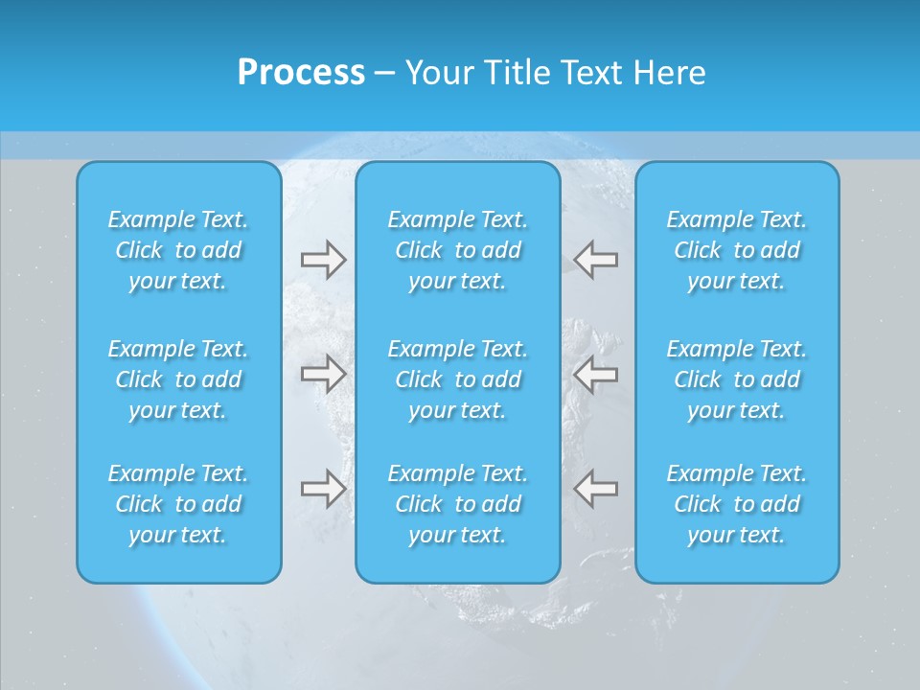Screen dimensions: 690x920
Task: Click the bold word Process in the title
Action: [x=301, y=72]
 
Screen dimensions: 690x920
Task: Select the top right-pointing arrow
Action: [x=323, y=260]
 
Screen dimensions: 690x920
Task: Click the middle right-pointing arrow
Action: [x=323, y=374]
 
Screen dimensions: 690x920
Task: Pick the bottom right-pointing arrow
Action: [x=323, y=489]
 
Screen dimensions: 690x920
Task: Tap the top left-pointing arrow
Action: [x=596, y=260]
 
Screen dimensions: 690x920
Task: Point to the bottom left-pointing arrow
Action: [x=596, y=489]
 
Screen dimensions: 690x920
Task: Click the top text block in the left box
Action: [x=178, y=250]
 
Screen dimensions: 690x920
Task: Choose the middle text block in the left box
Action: [x=178, y=379]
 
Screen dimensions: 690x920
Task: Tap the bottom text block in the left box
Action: [x=178, y=504]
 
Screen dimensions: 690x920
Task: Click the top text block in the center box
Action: [x=458, y=250]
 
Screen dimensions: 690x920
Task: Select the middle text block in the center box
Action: [x=458, y=379]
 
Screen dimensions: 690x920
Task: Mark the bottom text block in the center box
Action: [x=458, y=504]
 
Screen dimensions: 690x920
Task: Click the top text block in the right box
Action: [x=737, y=250]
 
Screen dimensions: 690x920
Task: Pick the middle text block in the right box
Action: [x=737, y=379]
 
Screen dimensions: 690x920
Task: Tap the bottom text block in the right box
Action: [x=737, y=504]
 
